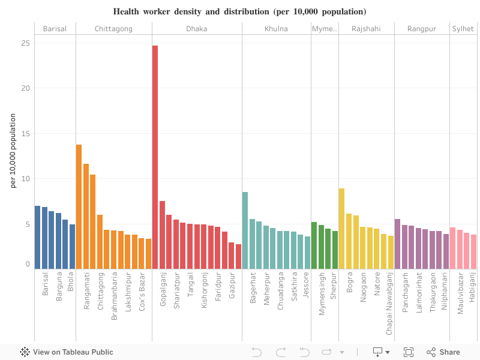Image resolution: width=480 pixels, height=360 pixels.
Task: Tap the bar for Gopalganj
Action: click(162, 235)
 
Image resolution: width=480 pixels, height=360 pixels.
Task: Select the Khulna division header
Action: click(276, 29)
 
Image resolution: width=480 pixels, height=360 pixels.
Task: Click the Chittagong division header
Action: click(113, 29)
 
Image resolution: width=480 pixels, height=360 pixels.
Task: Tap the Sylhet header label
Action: click(463, 29)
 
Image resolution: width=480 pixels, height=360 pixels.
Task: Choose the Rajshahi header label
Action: click(366, 29)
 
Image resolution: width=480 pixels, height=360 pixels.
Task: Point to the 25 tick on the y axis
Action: click(25, 43)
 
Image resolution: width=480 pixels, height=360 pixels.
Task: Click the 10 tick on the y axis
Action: click(25, 179)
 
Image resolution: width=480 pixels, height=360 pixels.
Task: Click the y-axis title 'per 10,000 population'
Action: click(13, 150)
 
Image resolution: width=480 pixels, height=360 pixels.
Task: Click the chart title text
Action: click(239, 11)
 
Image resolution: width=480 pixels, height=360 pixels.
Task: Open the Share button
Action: click(443, 352)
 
